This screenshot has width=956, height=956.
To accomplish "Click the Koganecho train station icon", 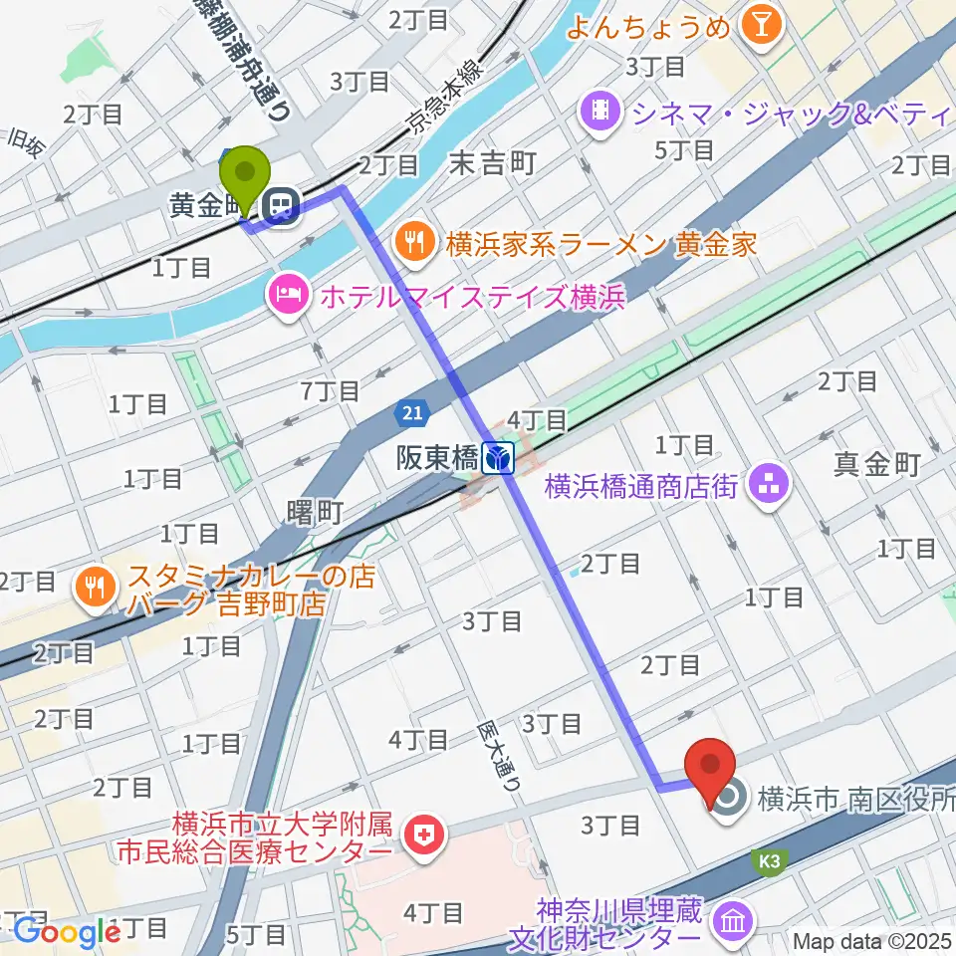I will pos(281,207).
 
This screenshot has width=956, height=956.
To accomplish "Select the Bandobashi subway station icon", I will pos(498,458).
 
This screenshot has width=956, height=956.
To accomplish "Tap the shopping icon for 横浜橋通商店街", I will pos(768,487).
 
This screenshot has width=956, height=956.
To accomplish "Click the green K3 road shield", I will pos(768,857).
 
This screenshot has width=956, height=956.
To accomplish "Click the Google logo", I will pos(66,932).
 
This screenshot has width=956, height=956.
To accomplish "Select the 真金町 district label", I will pos(876,463).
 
